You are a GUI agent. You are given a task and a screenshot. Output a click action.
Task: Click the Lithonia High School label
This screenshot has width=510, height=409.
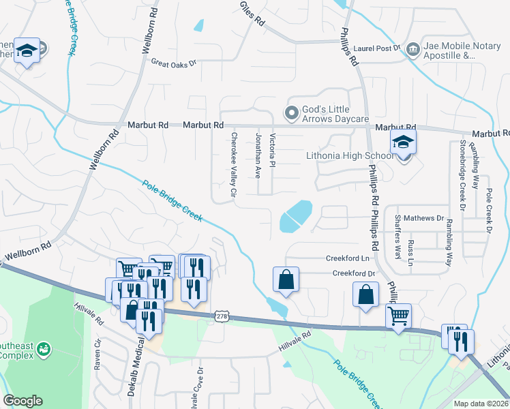(349, 156)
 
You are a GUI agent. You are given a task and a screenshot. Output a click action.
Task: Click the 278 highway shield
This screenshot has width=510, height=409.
(221, 316)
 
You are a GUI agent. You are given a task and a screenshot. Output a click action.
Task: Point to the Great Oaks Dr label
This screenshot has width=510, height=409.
(173, 63)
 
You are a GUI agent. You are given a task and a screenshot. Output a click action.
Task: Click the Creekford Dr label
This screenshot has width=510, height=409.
(354, 273)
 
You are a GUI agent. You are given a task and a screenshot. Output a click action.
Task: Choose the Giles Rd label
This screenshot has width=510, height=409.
(252, 13)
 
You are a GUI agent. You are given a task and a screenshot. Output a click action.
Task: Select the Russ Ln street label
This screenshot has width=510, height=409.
(410, 252)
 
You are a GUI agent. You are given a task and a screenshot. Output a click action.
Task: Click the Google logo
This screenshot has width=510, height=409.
(22, 401)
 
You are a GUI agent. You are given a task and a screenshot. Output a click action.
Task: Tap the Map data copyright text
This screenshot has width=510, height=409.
(481, 404)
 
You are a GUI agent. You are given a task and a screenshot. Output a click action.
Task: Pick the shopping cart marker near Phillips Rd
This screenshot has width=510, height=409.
(398, 316)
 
